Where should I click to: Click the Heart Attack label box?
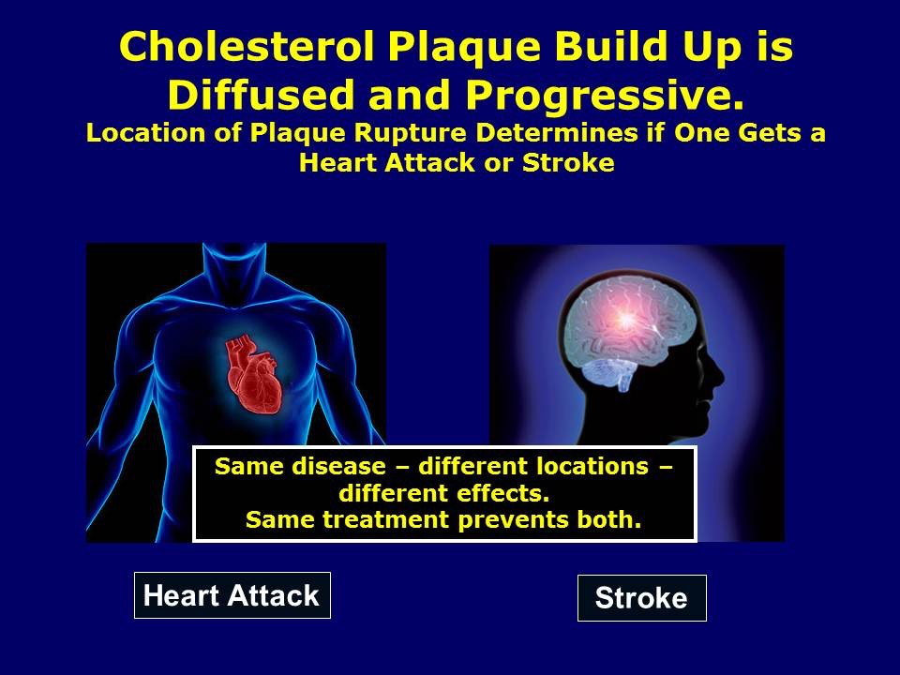pyautogui.click(x=232, y=595)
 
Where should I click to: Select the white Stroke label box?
pyautogui.click(x=641, y=598)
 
